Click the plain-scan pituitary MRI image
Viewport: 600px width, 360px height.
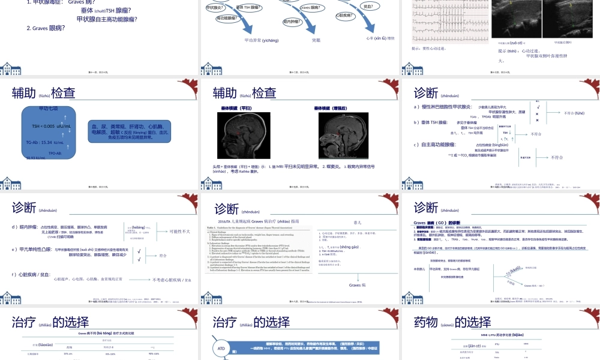tap(244, 136)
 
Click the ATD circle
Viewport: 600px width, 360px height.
tap(221, 349)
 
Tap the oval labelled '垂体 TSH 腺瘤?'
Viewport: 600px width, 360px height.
tap(248, 7)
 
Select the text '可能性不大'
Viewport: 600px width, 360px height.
tap(179, 231)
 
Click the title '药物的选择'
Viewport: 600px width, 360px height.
tap(452, 322)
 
